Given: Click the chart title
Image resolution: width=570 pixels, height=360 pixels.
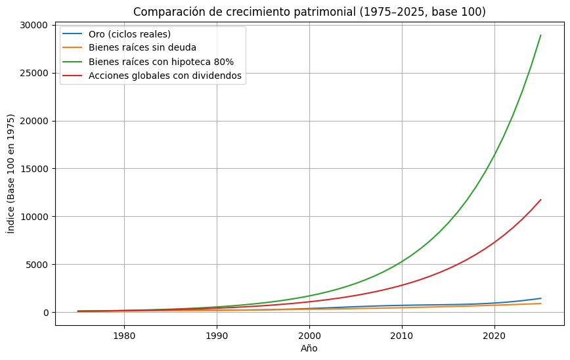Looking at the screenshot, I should [x=309, y=12].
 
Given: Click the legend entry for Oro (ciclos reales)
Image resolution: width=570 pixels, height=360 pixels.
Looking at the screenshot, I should [x=129, y=34].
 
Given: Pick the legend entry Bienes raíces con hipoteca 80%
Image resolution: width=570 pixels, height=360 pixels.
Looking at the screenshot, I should [x=161, y=62].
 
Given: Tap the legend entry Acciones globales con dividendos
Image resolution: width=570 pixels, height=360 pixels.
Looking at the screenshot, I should [x=165, y=76].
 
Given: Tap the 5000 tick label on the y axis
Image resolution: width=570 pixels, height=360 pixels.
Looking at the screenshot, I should [x=37, y=265].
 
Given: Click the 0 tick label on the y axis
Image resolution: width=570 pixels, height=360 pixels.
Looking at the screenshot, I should [x=46, y=313].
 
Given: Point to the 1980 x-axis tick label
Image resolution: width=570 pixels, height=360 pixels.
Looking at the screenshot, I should [x=124, y=336].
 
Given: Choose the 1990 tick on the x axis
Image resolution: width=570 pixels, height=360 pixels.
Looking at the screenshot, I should [x=217, y=336].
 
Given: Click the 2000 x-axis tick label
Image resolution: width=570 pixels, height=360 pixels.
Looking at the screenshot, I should [x=309, y=336].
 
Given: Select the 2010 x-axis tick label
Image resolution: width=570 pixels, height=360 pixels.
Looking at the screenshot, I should [x=401, y=336].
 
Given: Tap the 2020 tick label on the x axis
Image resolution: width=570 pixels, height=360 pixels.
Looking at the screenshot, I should [x=494, y=336].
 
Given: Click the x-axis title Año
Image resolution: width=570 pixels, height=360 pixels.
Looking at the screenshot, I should [x=309, y=349].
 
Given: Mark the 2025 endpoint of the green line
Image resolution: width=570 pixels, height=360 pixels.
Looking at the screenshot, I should [x=540, y=35].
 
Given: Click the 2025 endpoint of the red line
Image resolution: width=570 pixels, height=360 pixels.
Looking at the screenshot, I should [x=540, y=200].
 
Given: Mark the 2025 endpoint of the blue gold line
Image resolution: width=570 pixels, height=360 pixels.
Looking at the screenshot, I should [x=540, y=298].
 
